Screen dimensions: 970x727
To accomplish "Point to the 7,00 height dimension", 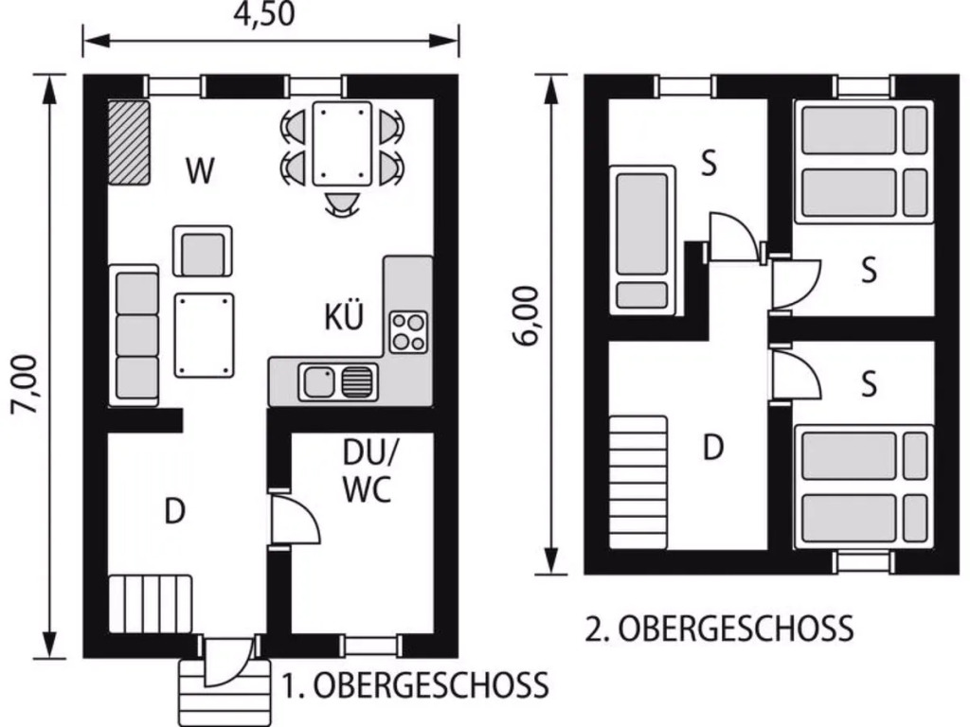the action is pos(27,384).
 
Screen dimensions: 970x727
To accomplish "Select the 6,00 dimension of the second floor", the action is pos(527,316).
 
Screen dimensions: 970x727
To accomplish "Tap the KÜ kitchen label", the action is pos(344,316).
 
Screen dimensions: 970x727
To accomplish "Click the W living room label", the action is pos(200,170).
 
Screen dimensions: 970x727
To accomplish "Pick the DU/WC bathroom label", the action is pos(368,472).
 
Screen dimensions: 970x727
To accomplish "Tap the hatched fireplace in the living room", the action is pos(129,144).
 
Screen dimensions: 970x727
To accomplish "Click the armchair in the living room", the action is pos(203,251).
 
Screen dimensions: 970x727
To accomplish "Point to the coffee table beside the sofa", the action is pos(205,335).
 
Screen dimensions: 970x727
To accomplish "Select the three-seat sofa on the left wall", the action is pos(134,336).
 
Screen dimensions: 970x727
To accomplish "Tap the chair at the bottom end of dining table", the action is pos(342,204).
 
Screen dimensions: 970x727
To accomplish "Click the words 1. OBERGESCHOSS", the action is pos(416,685).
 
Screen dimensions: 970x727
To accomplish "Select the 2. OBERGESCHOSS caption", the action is pos(720,629).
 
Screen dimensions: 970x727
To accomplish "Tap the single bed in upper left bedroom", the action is pos(642,239).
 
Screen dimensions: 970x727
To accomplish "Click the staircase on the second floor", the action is pos(638,482).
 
